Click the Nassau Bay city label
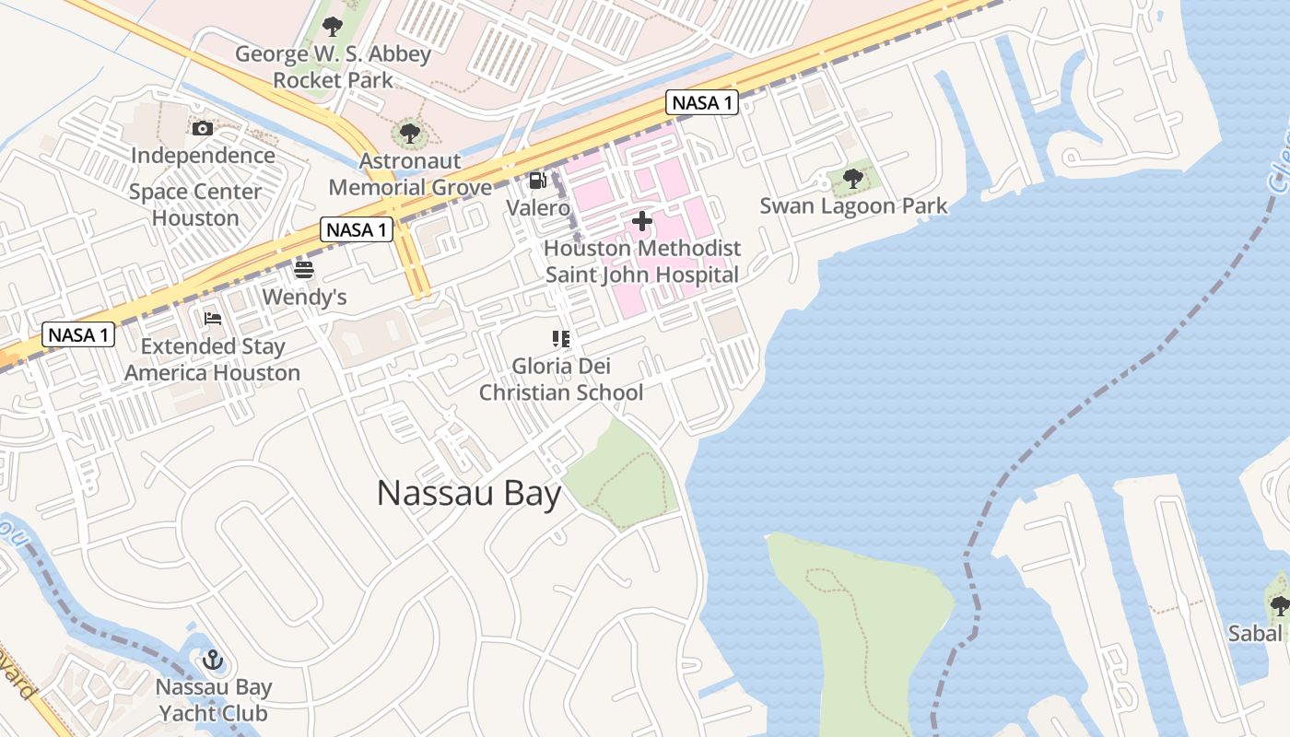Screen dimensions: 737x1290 click(469, 494)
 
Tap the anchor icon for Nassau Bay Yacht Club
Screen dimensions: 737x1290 click(213, 660)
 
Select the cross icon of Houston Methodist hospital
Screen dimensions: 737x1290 click(642, 221)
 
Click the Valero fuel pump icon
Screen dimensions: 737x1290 click(538, 181)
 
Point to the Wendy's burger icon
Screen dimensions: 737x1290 click(304, 270)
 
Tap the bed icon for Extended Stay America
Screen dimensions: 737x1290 click(213, 319)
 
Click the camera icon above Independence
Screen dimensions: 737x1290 click(203, 128)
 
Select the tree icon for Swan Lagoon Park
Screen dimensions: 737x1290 click(853, 178)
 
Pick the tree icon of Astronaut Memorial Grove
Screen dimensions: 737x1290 click(410, 134)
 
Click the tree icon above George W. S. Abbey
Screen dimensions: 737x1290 click(333, 27)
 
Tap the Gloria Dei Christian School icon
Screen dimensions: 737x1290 click(561, 339)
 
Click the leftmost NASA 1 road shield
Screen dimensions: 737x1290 click(78, 334)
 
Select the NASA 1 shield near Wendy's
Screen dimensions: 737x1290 click(357, 229)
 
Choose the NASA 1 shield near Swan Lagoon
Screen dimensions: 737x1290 click(702, 102)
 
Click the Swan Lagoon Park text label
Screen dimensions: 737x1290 click(853, 205)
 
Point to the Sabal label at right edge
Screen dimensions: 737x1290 click(1255, 633)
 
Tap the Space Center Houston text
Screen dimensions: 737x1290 click(195, 205)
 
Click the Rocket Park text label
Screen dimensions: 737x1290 click(333, 80)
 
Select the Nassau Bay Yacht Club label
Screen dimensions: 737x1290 click(213, 700)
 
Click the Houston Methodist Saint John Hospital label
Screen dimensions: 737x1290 click(642, 261)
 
